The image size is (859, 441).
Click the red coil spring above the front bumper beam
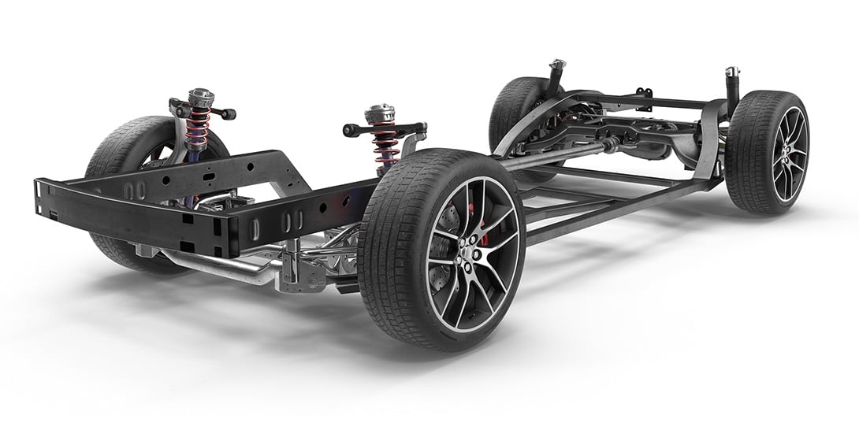pyautogui.click(x=198, y=127)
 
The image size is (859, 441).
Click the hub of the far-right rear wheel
pyautogui.click(x=787, y=154)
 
